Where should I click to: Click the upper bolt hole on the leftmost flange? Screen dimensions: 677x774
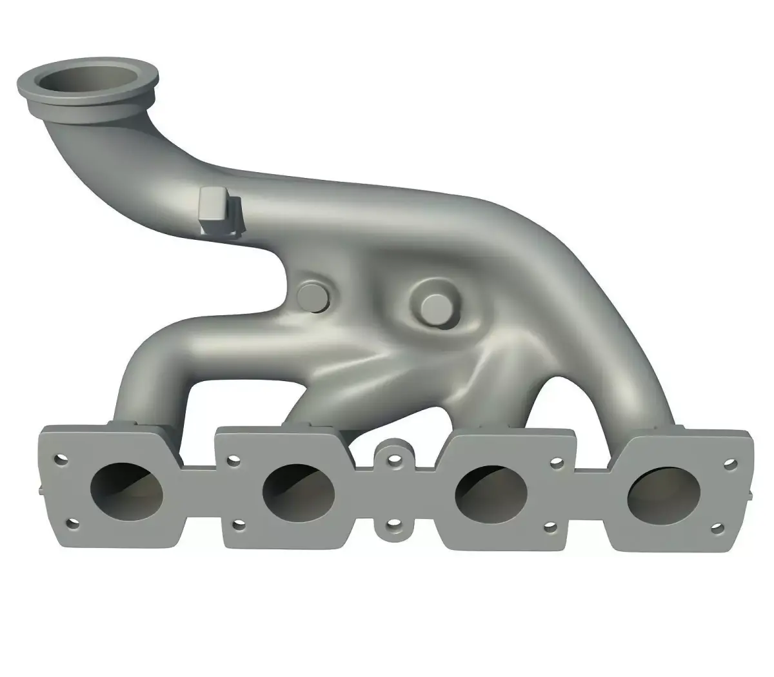(x=61, y=460)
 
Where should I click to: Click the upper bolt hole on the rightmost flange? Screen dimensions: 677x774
(x=729, y=463)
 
